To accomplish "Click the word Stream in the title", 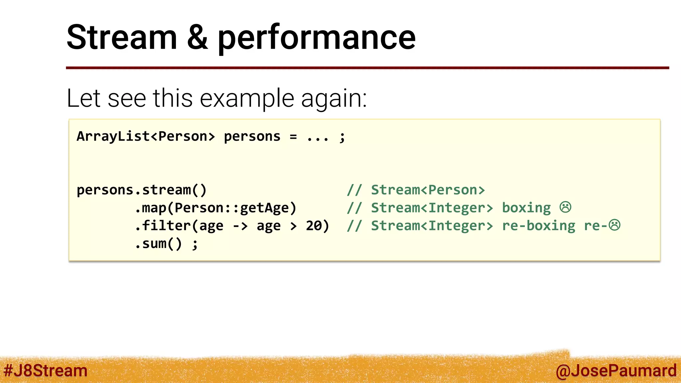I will (122, 37).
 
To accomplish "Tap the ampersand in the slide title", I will (198, 37).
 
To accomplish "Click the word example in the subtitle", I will (247, 98).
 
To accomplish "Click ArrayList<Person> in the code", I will (146, 137).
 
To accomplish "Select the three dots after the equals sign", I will (318, 137).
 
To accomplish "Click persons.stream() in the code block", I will (142, 190).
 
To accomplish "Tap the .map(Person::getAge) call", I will (215, 208).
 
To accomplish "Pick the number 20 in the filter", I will (314, 226).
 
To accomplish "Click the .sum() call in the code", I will (158, 244).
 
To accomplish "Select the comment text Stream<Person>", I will (428, 190).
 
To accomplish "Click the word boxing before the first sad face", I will (526, 208).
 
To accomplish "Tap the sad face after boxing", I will (565, 207).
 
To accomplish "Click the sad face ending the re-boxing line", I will (614, 225).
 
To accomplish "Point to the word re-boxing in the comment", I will (539, 226).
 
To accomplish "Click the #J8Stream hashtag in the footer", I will (46, 371).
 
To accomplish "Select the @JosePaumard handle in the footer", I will (616, 371).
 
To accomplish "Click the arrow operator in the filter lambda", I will (240, 226).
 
